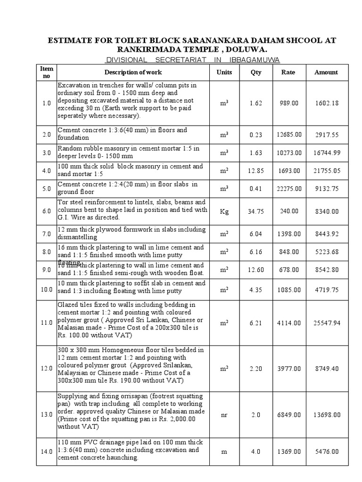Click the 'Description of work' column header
pos(133,72)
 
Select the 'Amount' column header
pos(326,72)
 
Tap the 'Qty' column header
pos(255,72)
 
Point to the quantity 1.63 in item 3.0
pos(255,153)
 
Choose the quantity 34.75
pos(255,211)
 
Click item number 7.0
pos(46,233)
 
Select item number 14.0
pos(46,451)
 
